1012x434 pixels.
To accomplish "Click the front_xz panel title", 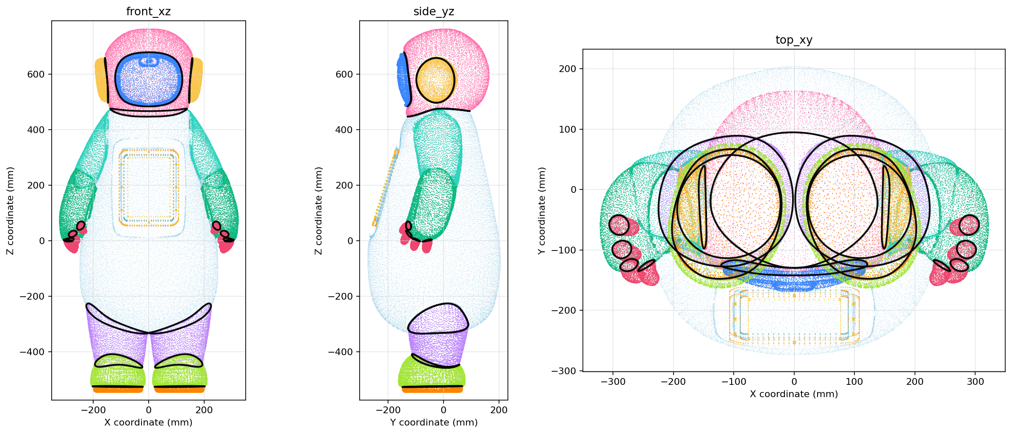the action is pos(148,11).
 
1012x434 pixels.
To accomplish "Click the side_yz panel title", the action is pos(434,11).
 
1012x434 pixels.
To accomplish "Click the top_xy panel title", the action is pos(794,40).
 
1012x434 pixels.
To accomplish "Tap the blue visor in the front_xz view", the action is pos(149,79).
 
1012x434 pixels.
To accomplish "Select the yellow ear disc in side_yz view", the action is pos(435,80).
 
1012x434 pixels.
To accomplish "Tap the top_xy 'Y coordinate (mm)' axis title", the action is pos(541,211).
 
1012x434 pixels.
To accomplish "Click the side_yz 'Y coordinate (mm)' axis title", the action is pos(434,422).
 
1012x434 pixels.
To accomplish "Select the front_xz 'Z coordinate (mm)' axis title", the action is pos(10,211).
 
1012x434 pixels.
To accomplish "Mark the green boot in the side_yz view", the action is pos(432,373).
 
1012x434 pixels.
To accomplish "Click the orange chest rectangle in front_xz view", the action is pos(149,186).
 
